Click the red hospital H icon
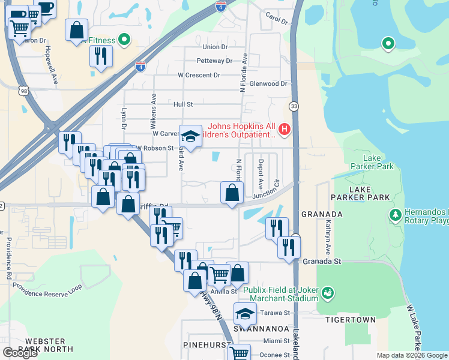[x=285, y=129]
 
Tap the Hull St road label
[x=182, y=104]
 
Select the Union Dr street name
[x=215, y=47]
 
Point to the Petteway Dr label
[x=214, y=61]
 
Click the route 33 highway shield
[x=293, y=106]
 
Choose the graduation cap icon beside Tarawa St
[x=245, y=314]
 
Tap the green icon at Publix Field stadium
[x=328, y=293]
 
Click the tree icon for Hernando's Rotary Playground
[x=396, y=215]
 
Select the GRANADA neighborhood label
[x=322, y=214]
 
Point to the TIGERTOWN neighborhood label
[x=351, y=320]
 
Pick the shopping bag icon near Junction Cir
[x=232, y=193]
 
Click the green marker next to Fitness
[x=124, y=40]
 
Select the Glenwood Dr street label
[x=268, y=84]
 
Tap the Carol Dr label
[x=277, y=20]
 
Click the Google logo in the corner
[x=20, y=353]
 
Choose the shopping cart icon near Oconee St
[x=240, y=354]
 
